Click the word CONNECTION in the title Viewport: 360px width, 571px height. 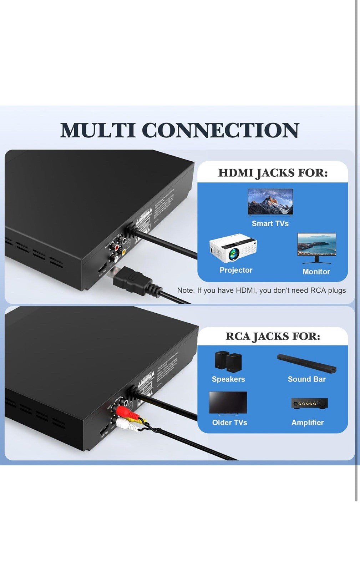220,130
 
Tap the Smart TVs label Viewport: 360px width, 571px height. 270,223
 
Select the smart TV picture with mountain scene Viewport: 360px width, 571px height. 270,202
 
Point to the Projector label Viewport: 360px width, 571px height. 236,270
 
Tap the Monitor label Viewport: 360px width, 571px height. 316,272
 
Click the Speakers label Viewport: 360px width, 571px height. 228,379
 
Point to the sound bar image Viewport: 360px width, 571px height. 306,363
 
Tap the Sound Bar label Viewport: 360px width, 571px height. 306,379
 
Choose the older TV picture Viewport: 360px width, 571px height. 228,403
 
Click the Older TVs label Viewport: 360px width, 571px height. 229,423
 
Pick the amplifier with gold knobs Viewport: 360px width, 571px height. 309,404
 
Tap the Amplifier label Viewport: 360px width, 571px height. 308,423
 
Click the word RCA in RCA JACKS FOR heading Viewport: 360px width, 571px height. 238,337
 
